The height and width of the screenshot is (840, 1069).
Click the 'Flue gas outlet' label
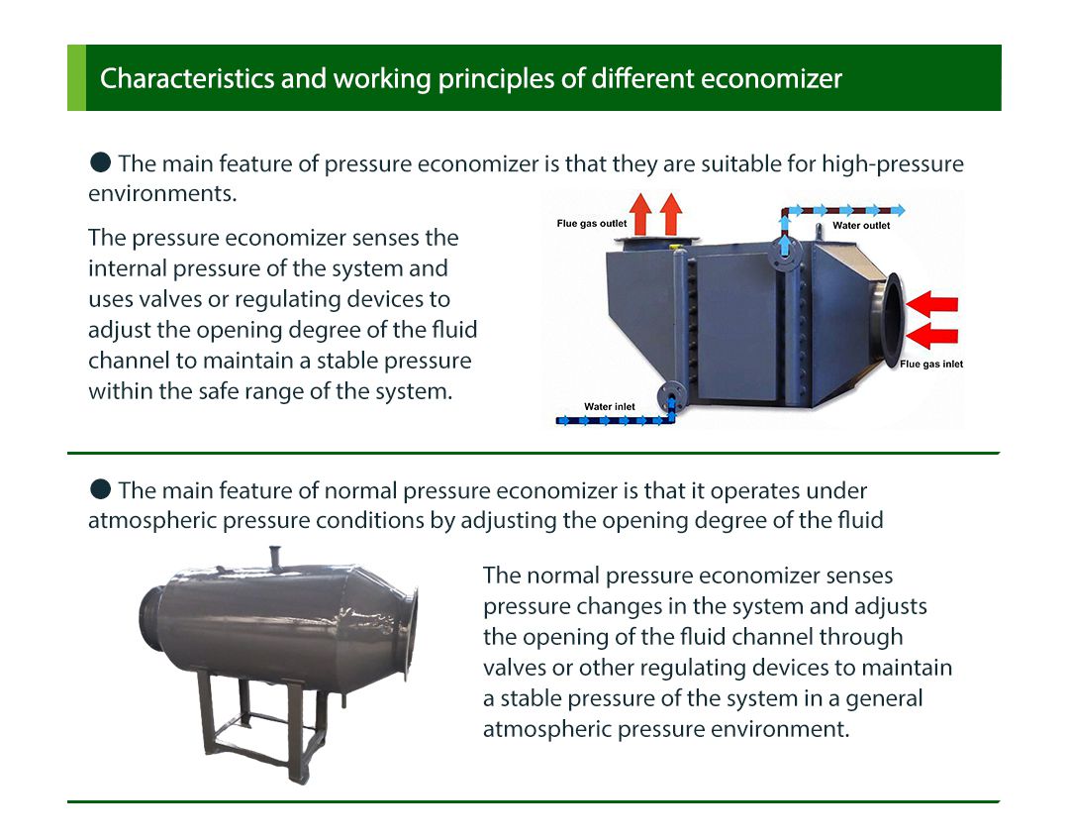(591, 223)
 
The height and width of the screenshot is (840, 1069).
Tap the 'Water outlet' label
(861, 225)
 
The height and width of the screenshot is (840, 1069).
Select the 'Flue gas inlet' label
(931, 364)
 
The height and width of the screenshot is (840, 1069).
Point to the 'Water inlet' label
(610, 407)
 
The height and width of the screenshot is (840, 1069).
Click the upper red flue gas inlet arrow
(932, 304)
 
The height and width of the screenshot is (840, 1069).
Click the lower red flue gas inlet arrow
(932, 336)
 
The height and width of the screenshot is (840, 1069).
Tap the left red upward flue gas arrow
(640, 214)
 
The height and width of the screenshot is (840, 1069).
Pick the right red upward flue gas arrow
(671, 214)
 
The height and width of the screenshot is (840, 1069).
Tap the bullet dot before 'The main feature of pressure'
(100, 162)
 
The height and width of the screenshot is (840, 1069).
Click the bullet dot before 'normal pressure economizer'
(100, 489)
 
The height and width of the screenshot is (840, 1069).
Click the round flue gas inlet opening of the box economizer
(891, 319)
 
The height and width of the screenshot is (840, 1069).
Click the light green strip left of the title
(76, 78)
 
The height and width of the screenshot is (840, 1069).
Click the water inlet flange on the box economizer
(671, 395)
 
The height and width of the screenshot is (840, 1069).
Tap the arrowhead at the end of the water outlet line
(899, 210)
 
